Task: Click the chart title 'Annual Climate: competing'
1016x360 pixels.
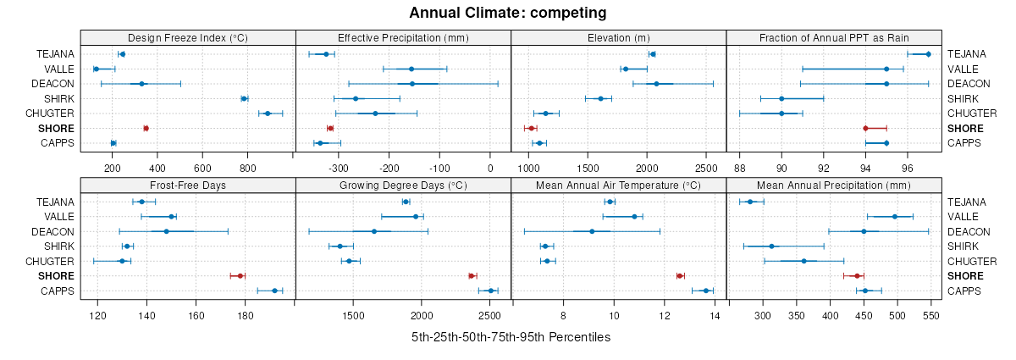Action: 508,13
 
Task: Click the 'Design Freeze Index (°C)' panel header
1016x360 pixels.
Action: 188,37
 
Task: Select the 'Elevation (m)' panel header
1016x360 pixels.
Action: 619,37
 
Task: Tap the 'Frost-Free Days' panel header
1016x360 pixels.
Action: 188,185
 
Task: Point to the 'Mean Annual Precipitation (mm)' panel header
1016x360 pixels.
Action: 834,185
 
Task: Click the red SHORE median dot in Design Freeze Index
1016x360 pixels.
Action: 146,128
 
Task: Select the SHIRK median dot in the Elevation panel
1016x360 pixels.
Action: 601,98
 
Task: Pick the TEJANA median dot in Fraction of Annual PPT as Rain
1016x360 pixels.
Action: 928,54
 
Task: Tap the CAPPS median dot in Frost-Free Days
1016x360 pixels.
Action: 274,291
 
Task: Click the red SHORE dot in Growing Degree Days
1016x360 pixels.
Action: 472,275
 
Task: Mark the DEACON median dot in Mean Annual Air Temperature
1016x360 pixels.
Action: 592,231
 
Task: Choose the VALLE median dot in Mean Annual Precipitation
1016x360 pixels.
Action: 895,217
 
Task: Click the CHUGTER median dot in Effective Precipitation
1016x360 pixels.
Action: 375,114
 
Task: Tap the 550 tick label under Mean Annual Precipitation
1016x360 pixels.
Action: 930,316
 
